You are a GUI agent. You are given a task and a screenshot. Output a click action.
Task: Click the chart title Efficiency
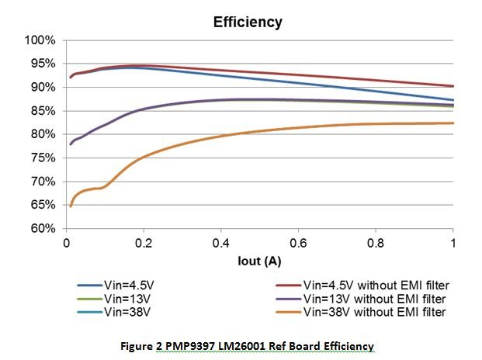pos(248,22)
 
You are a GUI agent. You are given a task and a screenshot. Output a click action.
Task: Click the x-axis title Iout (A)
pos(259,261)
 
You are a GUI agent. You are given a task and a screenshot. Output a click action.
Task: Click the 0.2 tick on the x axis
pos(144,243)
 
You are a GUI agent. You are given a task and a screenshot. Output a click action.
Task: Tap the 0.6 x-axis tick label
pos(299,243)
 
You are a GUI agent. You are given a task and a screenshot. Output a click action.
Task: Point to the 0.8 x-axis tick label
pos(376,243)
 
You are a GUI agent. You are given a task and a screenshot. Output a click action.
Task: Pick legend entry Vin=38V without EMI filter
pos(362,313)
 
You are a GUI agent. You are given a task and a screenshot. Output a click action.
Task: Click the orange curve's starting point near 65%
pos(70,206)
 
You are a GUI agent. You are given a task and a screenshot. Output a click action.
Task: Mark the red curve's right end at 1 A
pos(453,86)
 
